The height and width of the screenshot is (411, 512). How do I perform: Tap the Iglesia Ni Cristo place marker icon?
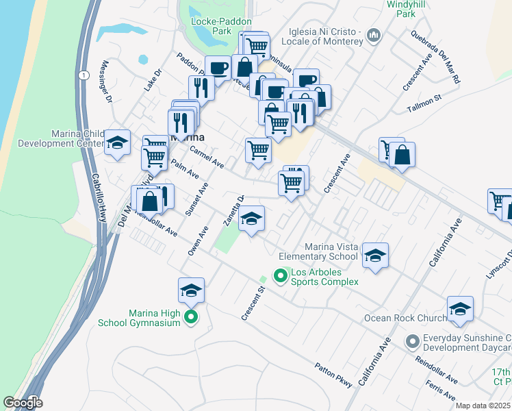click(374, 35)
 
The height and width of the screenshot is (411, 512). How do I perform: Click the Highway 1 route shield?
click(83, 76)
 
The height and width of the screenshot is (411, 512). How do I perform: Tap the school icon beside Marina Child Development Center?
click(118, 143)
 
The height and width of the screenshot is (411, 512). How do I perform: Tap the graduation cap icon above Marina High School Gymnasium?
click(192, 290)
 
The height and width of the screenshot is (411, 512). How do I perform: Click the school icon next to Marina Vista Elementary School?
click(375, 256)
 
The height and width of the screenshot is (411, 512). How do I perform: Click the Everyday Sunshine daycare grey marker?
click(412, 340)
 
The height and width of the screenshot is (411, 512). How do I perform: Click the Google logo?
click(23, 403)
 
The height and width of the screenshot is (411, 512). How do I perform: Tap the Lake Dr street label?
click(153, 82)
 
